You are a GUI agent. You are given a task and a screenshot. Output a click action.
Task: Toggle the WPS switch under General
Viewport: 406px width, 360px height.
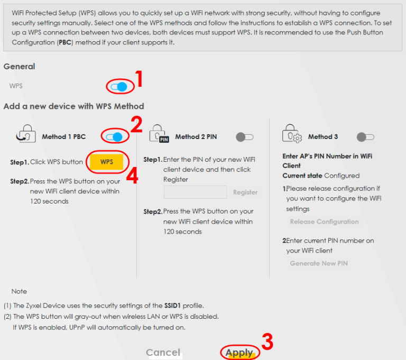click(119, 87)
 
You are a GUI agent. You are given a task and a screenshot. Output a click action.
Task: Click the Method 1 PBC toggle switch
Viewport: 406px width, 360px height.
click(114, 137)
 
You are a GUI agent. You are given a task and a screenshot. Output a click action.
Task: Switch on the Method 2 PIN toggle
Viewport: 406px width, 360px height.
click(244, 137)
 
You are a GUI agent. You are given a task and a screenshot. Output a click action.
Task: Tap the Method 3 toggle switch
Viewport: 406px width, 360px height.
click(365, 137)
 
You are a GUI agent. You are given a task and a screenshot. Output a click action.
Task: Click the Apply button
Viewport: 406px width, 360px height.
click(239, 353)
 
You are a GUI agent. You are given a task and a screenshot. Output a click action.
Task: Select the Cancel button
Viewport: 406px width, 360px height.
click(163, 353)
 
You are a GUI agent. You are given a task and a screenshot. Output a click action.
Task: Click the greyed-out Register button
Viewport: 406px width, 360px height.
click(245, 192)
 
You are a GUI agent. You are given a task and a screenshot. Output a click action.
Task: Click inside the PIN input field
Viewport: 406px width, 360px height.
click(195, 192)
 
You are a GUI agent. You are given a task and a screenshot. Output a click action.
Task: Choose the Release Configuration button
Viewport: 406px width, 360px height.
click(324, 221)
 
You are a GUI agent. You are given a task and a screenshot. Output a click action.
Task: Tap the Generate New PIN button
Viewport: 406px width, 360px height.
click(319, 263)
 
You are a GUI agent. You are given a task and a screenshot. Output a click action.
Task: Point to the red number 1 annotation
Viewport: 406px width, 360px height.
click(139, 79)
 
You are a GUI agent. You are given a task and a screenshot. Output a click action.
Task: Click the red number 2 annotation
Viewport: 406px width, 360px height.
click(136, 124)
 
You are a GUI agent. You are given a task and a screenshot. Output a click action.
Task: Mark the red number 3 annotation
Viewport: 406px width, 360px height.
click(267, 341)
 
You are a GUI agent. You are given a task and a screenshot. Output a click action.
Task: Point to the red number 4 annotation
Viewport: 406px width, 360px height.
click(132, 175)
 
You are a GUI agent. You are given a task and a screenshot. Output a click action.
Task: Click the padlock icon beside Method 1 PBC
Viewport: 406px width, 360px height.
click(26, 134)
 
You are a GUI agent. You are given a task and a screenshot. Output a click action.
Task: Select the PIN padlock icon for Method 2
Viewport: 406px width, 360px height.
click(159, 134)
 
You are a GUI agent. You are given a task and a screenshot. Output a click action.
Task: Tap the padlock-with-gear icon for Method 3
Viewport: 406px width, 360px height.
click(292, 134)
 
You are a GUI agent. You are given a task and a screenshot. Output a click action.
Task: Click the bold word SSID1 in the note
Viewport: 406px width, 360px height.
click(172, 306)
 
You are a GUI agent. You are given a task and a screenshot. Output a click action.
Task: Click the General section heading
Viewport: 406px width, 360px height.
click(19, 67)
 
